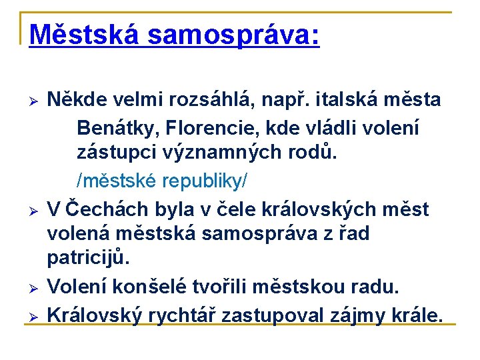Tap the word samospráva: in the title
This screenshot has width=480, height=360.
234,35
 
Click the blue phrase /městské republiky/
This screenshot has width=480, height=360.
163,180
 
